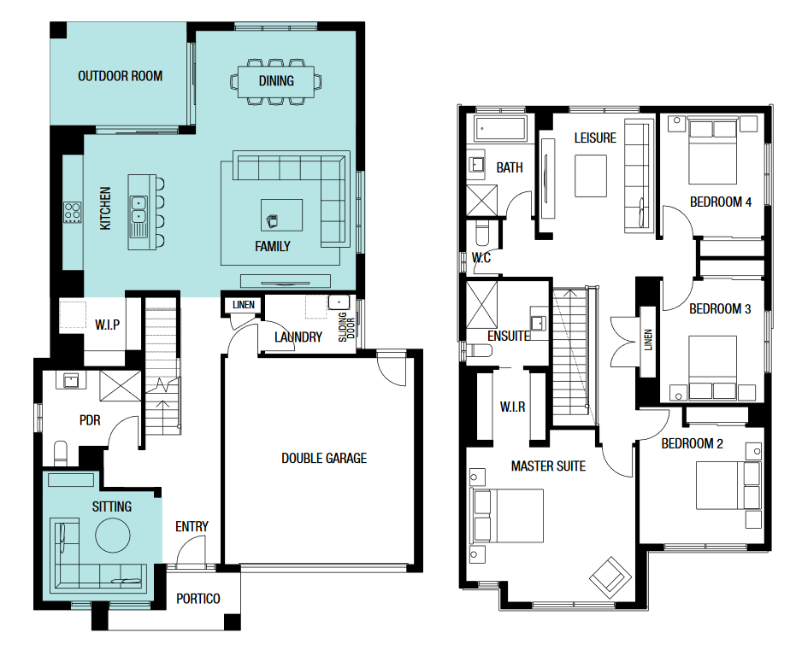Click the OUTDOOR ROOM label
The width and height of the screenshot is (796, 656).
(121, 76)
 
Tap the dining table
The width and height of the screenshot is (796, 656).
(276, 82)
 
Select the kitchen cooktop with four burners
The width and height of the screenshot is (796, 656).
(72, 213)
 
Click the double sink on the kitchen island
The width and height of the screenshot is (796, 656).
(139, 210)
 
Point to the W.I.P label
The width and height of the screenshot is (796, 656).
(107, 325)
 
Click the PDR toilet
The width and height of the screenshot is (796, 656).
(61, 453)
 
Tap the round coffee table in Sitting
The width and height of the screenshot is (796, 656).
(113, 534)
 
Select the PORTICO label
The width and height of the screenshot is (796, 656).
(198, 599)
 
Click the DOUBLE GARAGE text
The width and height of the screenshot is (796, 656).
(324, 458)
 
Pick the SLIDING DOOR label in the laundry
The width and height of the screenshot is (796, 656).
(346, 326)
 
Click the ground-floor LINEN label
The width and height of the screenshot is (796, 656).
(243, 305)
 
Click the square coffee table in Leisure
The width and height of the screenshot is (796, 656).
(591, 176)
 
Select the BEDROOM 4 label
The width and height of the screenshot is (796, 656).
(721, 202)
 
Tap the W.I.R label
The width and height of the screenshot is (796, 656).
(512, 407)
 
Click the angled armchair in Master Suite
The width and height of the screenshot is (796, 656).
(610, 577)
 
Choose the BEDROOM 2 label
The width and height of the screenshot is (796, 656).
(692, 444)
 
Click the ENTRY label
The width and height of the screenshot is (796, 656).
(192, 527)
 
